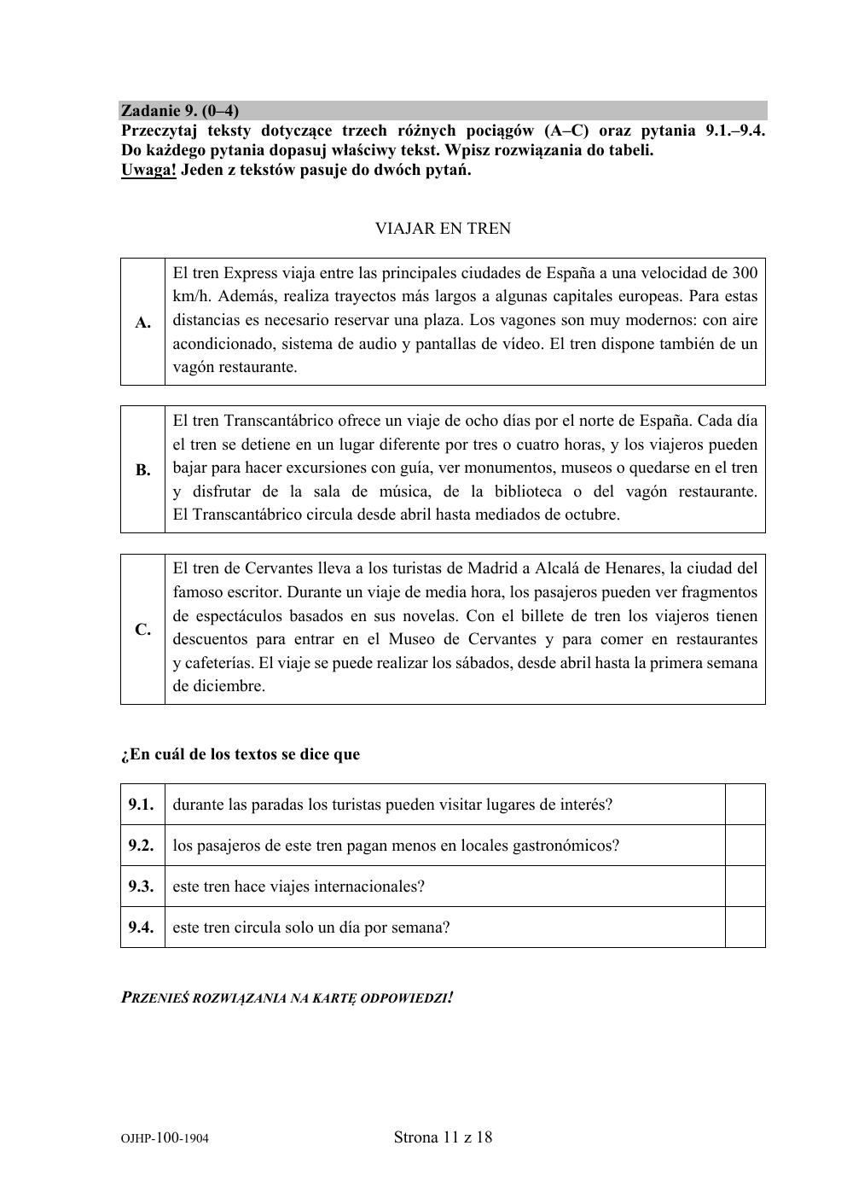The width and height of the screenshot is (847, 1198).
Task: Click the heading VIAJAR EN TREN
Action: tap(443, 229)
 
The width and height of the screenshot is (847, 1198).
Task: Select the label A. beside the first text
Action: tap(142, 322)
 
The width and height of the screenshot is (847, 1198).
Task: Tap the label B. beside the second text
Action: tap(142, 469)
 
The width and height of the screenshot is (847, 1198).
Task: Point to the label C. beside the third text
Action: tap(142, 629)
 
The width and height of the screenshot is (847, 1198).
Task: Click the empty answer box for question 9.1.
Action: tap(745, 805)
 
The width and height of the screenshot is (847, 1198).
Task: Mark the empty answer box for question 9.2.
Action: tap(745, 846)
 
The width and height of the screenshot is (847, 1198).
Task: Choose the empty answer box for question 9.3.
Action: tap(745, 887)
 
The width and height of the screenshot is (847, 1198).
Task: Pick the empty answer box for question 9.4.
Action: tap(745, 928)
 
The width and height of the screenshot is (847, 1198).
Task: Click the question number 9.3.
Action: tap(142, 887)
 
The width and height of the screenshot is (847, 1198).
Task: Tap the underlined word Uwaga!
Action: tap(149, 169)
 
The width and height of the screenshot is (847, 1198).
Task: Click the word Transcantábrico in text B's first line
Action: tap(278, 421)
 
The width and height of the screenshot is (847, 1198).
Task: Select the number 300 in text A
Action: tap(745, 273)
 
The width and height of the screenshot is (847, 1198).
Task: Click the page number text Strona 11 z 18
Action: tap(443, 1137)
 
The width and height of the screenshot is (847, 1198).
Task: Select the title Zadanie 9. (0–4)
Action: tap(180, 111)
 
